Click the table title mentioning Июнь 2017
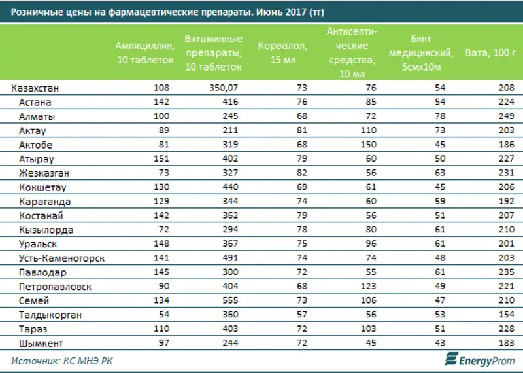[x=165, y=12]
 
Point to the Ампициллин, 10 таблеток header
[x=145, y=52]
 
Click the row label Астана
[x=35, y=102]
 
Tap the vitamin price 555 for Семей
[x=233, y=301]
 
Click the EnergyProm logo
[x=478, y=359]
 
